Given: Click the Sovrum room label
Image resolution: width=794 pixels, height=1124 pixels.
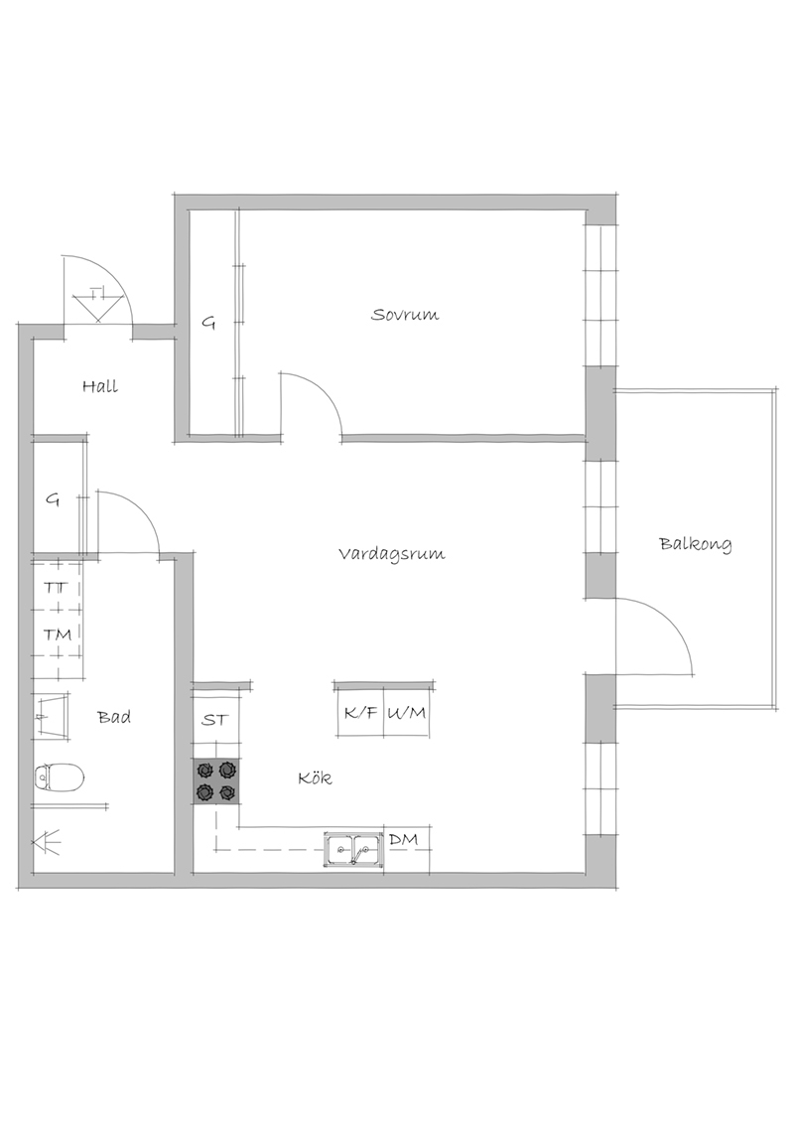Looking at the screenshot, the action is click(x=405, y=314).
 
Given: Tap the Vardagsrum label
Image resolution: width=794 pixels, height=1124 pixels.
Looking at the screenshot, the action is click(x=392, y=553).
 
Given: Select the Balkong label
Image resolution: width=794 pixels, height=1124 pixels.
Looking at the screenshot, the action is click(x=695, y=544).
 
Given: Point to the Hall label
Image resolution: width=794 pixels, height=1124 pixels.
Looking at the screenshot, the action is click(x=99, y=386).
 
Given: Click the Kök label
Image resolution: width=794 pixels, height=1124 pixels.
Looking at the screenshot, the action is click(x=316, y=777).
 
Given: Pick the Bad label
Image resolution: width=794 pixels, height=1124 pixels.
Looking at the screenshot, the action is click(x=115, y=716).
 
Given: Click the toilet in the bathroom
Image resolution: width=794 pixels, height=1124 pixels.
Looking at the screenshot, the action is click(x=60, y=776).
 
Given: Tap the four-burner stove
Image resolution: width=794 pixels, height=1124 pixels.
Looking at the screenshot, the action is click(x=215, y=780).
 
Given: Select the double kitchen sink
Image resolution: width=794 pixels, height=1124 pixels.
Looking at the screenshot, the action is click(x=353, y=851).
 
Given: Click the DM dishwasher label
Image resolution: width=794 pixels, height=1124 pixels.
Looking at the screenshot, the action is click(x=403, y=839).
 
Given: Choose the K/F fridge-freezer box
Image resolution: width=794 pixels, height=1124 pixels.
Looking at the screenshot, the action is click(x=360, y=713).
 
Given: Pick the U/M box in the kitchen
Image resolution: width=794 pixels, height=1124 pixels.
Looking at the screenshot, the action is click(x=407, y=713).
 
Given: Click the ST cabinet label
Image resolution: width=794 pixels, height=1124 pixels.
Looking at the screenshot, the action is click(x=214, y=720).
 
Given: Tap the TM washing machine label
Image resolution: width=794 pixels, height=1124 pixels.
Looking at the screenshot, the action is click(x=58, y=634).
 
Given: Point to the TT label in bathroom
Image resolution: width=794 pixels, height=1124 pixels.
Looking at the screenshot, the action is click(x=56, y=588).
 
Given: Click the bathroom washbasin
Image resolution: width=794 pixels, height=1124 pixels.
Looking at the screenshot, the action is click(x=53, y=715).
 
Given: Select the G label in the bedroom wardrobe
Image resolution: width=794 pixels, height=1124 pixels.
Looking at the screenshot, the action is click(x=208, y=324).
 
